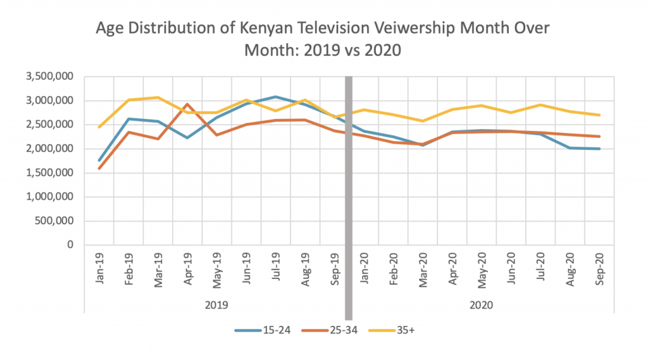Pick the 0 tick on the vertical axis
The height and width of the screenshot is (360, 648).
(x=70, y=245)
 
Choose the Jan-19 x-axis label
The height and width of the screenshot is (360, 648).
(x=99, y=270)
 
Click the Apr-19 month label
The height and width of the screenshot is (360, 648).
(x=187, y=270)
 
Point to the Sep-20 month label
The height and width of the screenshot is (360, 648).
(x=599, y=270)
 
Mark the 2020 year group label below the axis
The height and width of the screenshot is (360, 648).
(x=482, y=305)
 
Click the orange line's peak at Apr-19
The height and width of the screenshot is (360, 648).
(x=187, y=104)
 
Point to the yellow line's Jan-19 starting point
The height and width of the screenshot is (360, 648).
(x=99, y=127)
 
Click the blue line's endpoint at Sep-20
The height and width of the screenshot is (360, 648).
(x=599, y=149)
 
